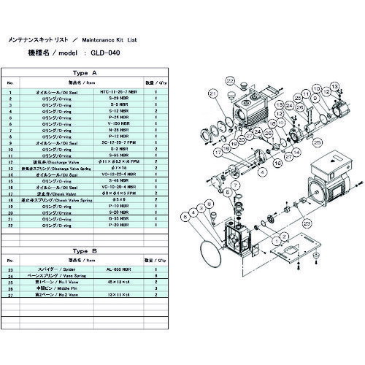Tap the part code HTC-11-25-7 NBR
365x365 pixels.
(x=131, y=94)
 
